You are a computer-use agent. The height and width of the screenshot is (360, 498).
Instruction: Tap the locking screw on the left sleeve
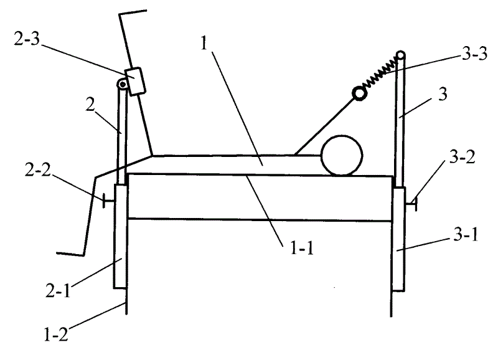[x=106, y=201]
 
